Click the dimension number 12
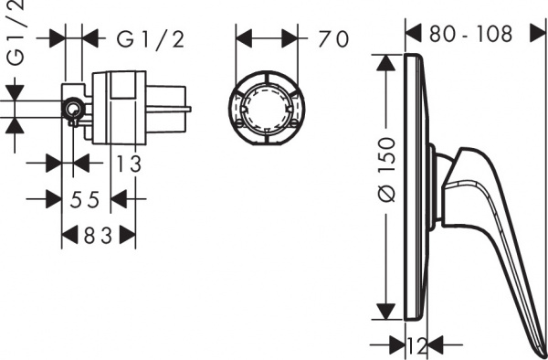pos(417,345)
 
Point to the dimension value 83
pos(99,236)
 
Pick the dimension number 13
pos(130,164)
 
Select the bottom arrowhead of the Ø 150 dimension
pos(387,312)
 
